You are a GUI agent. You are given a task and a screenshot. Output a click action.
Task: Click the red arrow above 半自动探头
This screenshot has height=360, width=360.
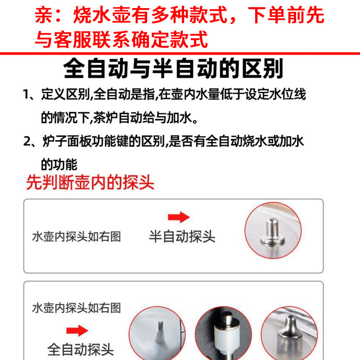click(179, 218)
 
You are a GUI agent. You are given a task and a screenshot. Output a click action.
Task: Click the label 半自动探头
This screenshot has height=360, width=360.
click(182, 237)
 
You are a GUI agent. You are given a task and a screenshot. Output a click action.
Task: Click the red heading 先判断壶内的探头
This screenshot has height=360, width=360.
click(90, 182)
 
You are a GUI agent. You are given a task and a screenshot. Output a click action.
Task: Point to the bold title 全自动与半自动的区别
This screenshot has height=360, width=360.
click(173, 69)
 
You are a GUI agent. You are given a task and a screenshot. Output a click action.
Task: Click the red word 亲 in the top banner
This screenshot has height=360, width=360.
click(43, 17)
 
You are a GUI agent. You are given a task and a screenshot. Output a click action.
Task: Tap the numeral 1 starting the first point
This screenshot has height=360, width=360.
click(27, 95)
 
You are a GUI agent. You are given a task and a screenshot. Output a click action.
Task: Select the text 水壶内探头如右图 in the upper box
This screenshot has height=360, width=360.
click(77, 237)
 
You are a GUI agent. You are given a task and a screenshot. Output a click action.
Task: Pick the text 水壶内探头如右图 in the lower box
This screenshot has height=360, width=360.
click(77, 308)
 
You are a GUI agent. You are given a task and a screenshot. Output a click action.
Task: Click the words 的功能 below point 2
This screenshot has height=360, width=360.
click(59, 164)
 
